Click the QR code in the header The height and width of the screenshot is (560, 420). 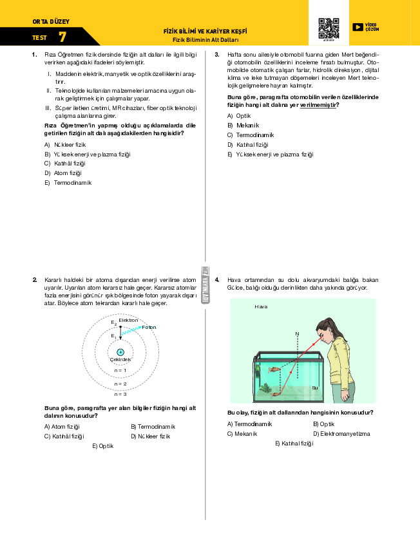pos(329,28)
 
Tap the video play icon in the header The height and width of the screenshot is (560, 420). pos(358,27)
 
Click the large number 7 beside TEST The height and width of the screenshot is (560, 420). pos(62,37)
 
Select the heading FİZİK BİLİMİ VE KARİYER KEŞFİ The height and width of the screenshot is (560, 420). pos(205,31)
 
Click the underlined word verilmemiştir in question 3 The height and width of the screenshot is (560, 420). pos(318,104)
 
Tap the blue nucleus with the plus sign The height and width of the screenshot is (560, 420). pos(120,352)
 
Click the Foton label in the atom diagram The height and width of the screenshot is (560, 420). pos(149,327)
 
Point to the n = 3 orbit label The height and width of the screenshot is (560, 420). pos(120,394)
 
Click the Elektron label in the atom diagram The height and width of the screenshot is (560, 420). pos(128,320)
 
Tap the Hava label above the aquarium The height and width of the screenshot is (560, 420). pos(260,306)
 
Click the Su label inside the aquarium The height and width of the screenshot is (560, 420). pos(314,387)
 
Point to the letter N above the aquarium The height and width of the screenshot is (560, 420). pos(297,333)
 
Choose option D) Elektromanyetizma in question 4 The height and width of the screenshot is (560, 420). pos(341,433)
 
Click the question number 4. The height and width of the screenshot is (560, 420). pos(217,279)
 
